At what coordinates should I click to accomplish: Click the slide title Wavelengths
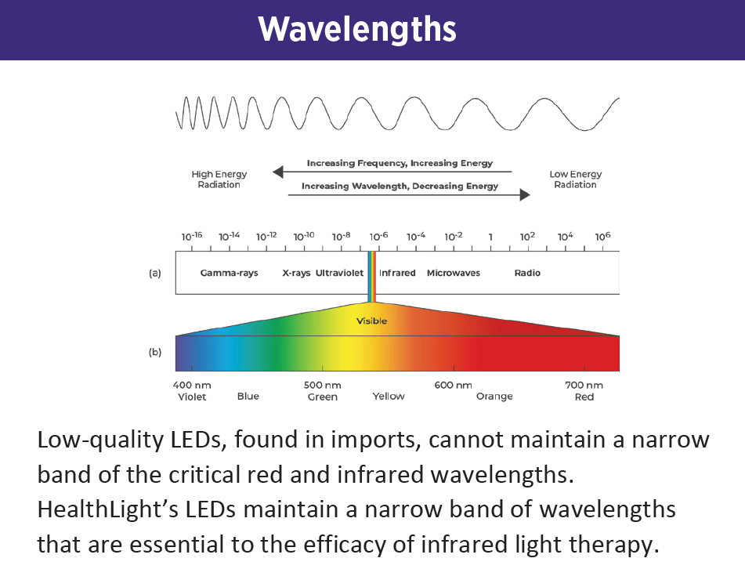pos(357,30)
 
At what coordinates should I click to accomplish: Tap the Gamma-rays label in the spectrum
pos(229,274)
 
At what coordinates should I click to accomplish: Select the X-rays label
pos(296,274)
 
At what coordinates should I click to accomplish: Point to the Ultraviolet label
pos(339,274)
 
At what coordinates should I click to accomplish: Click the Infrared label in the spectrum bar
pos(397,274)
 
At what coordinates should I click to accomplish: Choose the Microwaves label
pos(453,274)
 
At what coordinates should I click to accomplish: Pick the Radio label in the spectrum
pos(527,274)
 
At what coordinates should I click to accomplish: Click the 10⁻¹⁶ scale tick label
pos(192,236)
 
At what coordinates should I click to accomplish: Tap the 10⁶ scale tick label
pos(602,236)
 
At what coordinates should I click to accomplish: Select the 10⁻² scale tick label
pos(453,236)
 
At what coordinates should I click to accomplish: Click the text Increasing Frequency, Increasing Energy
pos(400,163)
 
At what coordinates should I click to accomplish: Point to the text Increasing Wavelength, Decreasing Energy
pos(400,187)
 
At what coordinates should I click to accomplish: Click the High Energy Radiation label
pos(219,179)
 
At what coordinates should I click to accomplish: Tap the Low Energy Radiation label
pos(575,179)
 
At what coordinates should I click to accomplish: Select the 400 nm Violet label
pos(192,391)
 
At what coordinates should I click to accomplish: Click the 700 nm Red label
pos(584,391)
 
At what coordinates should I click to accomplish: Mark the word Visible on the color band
pos(371,321)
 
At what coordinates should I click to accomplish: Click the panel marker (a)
pos(155,274)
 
